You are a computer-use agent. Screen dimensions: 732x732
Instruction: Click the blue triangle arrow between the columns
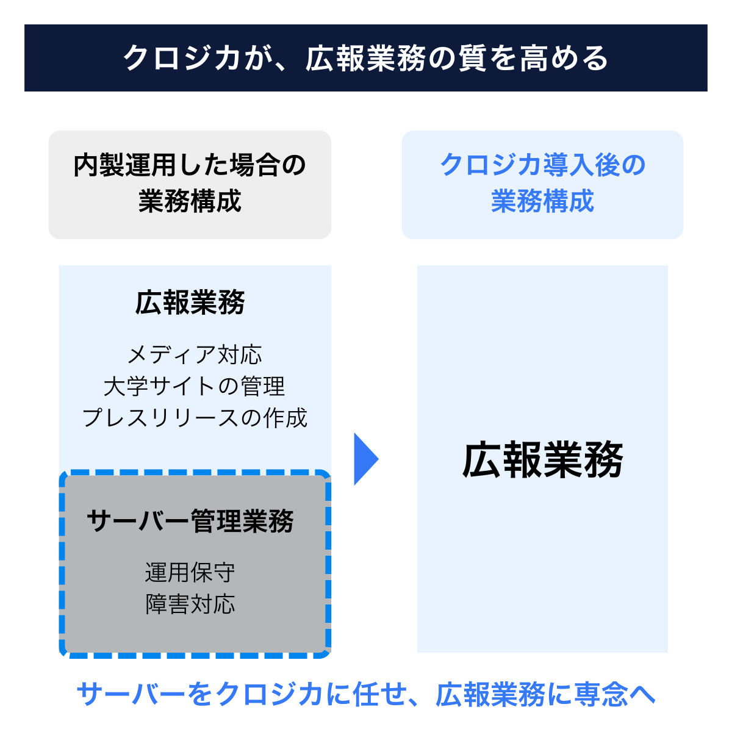pos(365,459)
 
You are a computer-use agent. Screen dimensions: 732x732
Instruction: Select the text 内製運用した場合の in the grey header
pos(190,165)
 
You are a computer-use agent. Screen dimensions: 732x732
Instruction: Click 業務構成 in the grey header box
pos(190,201)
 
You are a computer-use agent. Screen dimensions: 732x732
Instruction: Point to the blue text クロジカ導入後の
pos(542,165)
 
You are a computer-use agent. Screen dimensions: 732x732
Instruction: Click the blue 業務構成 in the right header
pos(542,201)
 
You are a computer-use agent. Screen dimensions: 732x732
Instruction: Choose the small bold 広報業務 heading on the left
pos(190,303)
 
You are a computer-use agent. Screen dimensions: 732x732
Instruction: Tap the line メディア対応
pos(195,355)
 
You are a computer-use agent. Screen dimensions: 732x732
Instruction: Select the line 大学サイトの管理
pos(195,387)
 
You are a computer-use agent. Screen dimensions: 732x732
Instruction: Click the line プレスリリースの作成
pos(195,418)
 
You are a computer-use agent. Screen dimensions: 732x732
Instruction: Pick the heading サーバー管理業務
pos(190,522)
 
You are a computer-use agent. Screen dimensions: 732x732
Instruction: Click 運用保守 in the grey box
pos(190,573)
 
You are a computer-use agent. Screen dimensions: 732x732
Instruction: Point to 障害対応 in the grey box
pos(190,605)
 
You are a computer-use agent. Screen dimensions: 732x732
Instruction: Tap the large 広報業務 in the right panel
pos(542,460)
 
